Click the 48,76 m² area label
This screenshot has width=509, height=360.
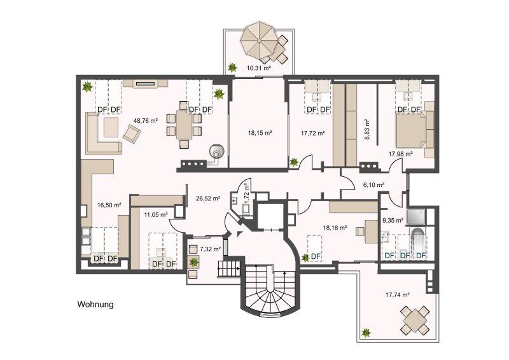146,121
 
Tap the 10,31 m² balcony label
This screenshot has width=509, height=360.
259,68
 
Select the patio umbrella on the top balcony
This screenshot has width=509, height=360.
260,40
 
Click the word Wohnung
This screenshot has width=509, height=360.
95,305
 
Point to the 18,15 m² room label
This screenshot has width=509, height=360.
260,133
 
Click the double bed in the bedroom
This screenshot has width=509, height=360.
411,130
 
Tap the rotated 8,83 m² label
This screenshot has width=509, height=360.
367,129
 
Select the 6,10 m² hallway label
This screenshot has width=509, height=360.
373,185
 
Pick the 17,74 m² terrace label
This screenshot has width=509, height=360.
397,295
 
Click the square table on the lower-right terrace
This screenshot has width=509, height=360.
415,320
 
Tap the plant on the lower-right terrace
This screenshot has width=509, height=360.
366,333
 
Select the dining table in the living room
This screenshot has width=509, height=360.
184,125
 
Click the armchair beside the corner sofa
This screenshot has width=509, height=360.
132,134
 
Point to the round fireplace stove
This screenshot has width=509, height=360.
216,151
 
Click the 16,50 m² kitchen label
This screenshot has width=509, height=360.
109,205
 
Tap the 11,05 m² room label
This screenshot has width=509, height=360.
156,214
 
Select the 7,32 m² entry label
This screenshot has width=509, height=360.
211,249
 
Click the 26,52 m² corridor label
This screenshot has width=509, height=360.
208,198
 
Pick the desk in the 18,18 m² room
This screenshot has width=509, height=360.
371,232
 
